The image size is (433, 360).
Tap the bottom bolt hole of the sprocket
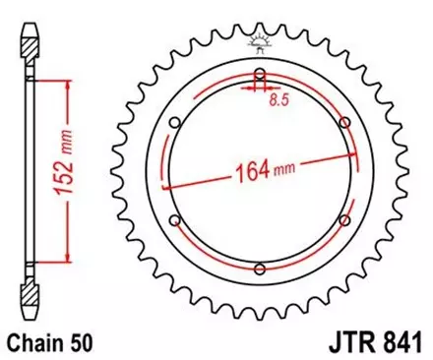(259, 268)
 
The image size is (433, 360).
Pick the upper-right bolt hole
(343, 122)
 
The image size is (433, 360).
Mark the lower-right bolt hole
(343, 219)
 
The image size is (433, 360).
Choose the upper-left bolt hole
(175, 122)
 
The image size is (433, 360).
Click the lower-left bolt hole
(175, 219)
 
